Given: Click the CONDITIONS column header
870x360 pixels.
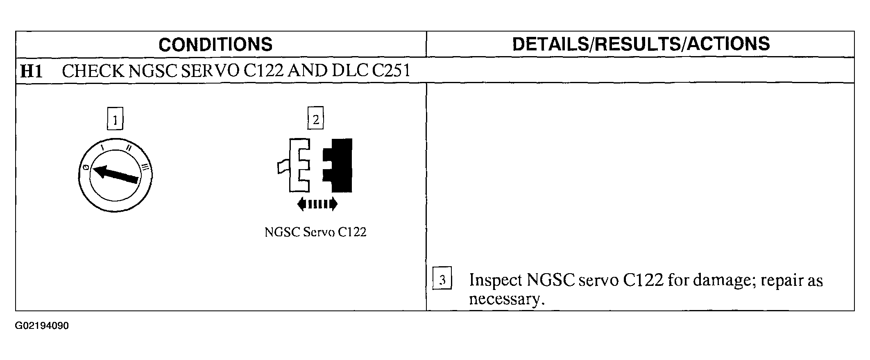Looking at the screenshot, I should pyautogui.click(x=215, y=44).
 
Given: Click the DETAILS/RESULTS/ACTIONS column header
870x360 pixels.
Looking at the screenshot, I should pyautogui.click(x=641, y=44).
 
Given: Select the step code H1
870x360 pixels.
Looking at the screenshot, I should pyautogui.click(x=32, y=71).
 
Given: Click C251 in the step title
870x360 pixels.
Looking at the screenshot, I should pyautogui.click(x=391, y=71).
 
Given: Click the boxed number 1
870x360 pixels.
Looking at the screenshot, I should pyautogui.click(x=115, y=120).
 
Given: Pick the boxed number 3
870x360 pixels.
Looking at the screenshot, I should pyautogui.click(x=442, y=280).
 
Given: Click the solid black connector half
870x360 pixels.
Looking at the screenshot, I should pyautogui.click(x=340, y=165).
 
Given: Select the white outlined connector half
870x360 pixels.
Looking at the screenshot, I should pyautogui.click(x=297, y=165).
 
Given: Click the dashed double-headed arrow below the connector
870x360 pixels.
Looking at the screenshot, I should pyautogui.click(x=317, y=204).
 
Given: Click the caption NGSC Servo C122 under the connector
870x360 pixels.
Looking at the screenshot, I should pyautogui.click(x=315, y=232).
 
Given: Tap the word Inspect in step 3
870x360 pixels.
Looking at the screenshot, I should pyautogui.click(x=496, y=281).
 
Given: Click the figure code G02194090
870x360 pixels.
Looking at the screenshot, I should pyautogui.click(x=42, y=326).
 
